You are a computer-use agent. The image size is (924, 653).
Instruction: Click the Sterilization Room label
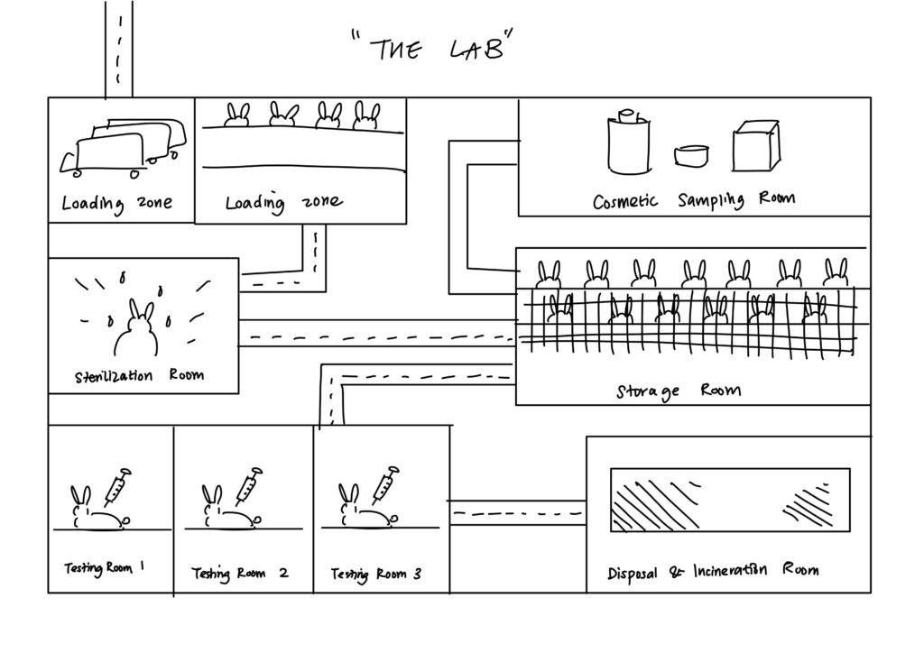139,375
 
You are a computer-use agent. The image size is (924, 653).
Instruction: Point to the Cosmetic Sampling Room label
693,200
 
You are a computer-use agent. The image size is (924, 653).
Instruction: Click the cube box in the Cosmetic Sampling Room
755,146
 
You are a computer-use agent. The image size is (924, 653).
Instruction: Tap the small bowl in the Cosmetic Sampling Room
690,155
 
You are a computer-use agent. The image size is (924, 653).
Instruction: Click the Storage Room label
679,391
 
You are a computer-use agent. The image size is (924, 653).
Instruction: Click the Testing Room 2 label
240,574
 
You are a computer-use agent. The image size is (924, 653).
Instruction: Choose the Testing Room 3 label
375,574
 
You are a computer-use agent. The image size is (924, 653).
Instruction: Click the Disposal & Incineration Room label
713,571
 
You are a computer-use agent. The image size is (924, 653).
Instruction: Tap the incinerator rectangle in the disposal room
729,500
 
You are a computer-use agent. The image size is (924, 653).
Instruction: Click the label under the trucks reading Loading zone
116,203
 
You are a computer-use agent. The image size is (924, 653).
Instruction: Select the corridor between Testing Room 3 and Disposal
517,513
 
